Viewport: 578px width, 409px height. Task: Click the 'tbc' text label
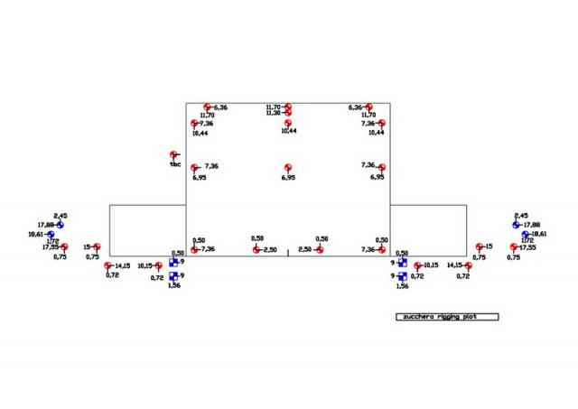175,164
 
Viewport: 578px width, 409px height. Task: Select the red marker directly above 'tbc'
174,155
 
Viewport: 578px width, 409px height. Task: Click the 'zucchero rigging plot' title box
448,317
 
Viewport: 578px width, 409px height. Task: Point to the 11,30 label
274,113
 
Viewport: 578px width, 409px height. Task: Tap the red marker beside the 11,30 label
288,113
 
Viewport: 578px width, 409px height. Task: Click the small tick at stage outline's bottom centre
287,252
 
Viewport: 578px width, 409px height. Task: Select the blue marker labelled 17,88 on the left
60,225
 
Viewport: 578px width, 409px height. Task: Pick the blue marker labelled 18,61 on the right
526,234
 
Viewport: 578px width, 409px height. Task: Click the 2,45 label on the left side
61,216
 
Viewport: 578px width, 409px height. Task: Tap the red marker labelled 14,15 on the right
469,265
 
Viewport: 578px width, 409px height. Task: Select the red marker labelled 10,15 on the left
159,265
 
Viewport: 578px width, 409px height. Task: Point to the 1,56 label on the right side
403,285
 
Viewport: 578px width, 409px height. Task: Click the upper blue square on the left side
172,263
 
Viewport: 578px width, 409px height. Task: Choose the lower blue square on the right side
402,275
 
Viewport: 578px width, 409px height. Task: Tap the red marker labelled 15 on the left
97,246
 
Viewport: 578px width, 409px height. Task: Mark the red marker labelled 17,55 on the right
514,246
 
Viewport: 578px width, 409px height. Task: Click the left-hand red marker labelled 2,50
256,249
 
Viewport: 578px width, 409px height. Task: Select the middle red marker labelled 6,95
288,168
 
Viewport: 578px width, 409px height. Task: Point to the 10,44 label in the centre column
288,131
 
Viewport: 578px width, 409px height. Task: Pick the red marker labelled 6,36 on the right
368,107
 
